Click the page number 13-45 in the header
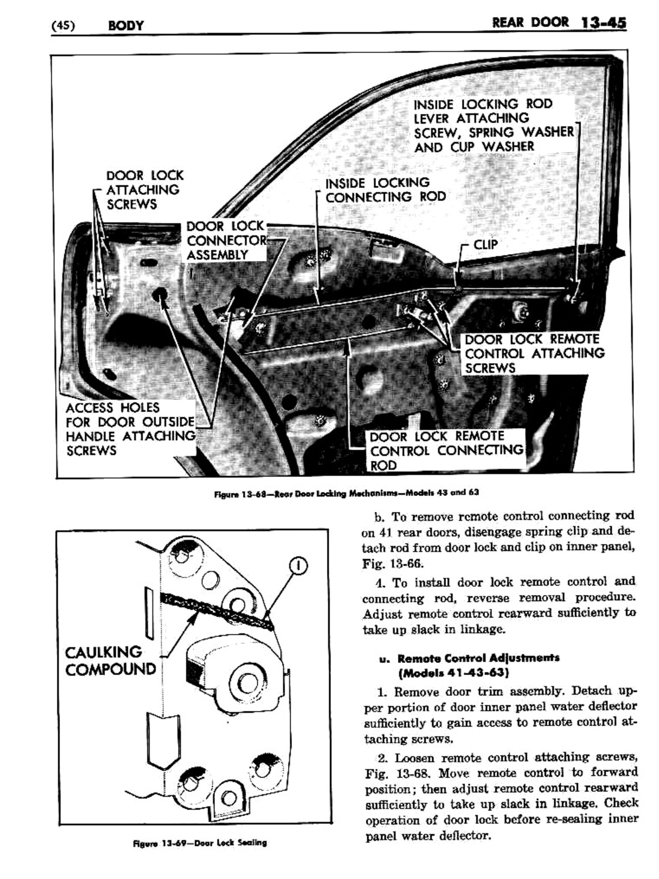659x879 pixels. [x=603, y=23]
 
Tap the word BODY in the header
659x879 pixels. [x=125, y=25]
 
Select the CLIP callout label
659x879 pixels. [x=486, y=245]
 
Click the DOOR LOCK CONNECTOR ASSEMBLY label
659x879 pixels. [x=225, y=240]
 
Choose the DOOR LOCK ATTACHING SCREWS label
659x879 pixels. [x=144, y=190]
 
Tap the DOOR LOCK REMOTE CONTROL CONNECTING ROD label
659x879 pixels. [x=446, y=451]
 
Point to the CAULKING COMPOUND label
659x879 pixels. [x=110, y=660]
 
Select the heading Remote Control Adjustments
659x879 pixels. [x=478, y=657]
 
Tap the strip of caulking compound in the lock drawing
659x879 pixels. [x=216, y=610]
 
